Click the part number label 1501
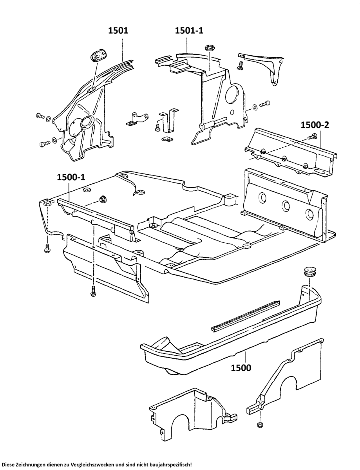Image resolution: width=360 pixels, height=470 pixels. (x=118, y=30)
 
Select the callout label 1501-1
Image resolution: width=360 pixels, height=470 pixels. (x=189, y=30)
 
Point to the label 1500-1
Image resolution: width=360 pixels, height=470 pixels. (x=71, y=177)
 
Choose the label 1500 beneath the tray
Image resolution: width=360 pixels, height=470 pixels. (x=241, y=368)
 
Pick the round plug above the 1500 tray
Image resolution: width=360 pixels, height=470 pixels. (x=309, y=271)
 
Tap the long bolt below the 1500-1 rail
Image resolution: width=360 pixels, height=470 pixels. (x=93, y=291)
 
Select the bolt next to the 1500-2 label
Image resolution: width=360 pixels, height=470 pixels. (x=313, y=137)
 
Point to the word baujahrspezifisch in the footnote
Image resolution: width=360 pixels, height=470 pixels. (x=170, y=464)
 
